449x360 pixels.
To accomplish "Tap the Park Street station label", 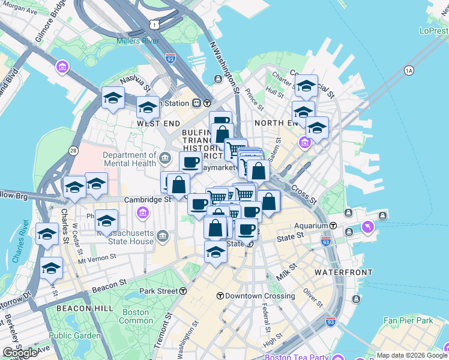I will click(158, 291).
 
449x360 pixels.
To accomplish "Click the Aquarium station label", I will click(310, 226).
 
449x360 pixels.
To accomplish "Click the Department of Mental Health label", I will click(130, 158).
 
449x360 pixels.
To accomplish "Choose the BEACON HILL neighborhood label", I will click(85, 308).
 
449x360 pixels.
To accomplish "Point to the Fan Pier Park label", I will click(408, 321).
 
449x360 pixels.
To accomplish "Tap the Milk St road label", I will click(286, 272).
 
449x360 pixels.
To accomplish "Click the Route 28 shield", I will click(73, 150).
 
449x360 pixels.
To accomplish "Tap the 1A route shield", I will click(409, 71).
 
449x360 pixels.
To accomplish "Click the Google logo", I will click(20, 353).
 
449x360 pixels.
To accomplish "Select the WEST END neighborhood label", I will click(158, 123).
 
